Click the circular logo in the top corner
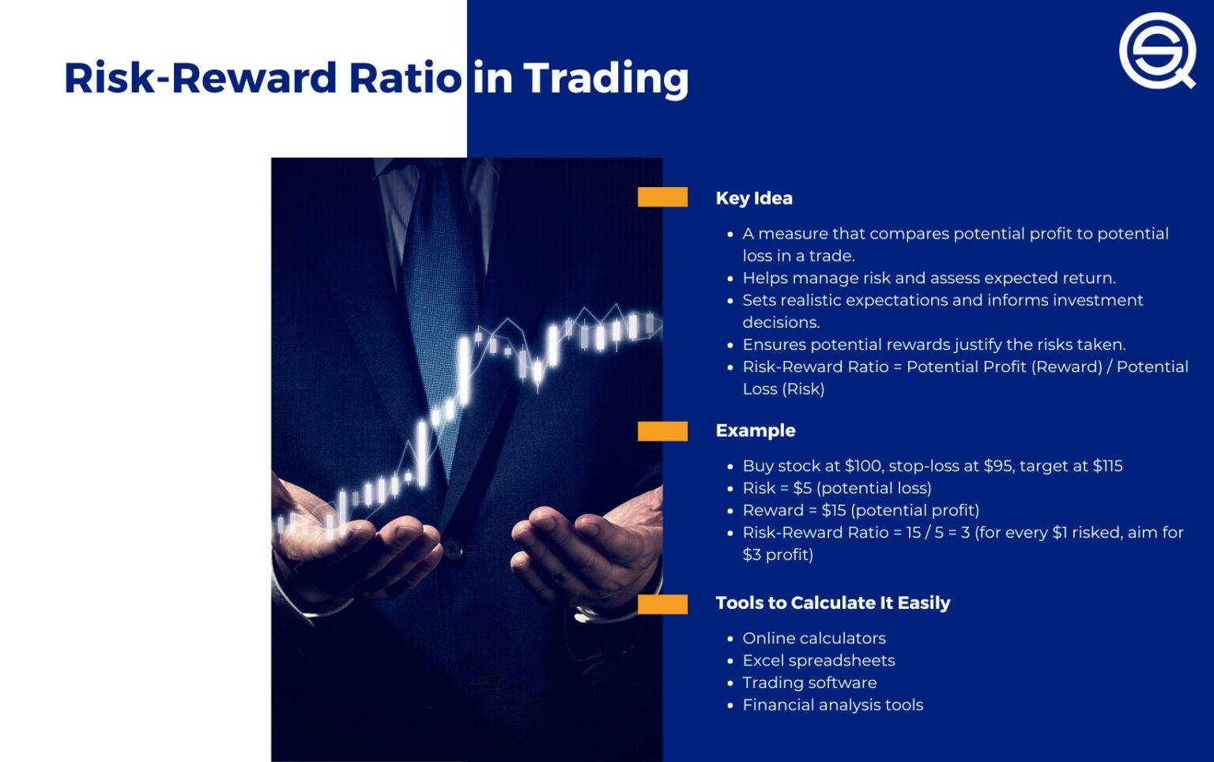point(1155,49)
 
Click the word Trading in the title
point(605,79)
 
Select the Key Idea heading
point(753,198)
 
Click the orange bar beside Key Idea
point(662,197)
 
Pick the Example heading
point(755,430)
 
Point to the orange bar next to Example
point(662,430)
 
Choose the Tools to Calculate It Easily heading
point(832,602)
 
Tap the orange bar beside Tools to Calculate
point(662,603)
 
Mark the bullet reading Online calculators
point(813,638)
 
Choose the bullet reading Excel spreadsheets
point(818,660)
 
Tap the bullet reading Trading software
point(809,682)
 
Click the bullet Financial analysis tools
point(832,704)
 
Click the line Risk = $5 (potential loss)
point(836,488)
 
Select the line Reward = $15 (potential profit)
point(860,510)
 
